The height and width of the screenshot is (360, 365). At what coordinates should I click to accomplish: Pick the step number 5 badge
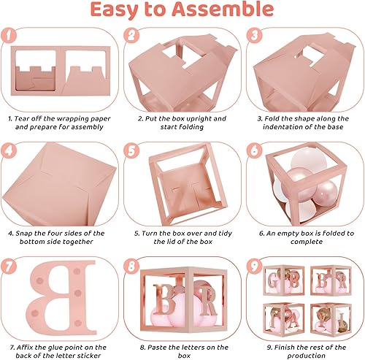132,150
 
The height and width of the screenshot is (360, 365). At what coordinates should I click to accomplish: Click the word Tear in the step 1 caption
27,117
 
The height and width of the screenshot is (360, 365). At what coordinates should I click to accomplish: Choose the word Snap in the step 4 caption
27,233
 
